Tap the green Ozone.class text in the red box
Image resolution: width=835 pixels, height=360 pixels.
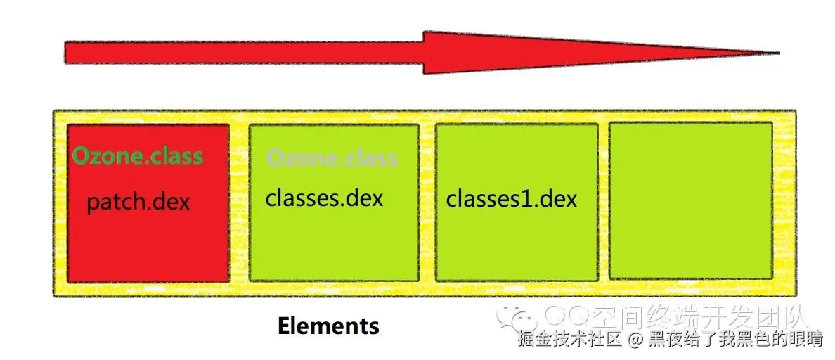138,155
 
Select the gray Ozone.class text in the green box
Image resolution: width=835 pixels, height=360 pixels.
332,157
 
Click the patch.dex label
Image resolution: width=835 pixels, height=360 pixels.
138,202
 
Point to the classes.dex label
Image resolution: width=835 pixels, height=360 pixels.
324,198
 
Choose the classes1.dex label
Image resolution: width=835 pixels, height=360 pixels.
511,198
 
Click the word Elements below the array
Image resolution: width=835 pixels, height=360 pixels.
328,326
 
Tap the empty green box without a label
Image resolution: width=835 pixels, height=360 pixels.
690,201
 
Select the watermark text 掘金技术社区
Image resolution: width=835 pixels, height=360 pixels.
570,340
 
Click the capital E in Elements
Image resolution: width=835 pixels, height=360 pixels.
284,326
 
